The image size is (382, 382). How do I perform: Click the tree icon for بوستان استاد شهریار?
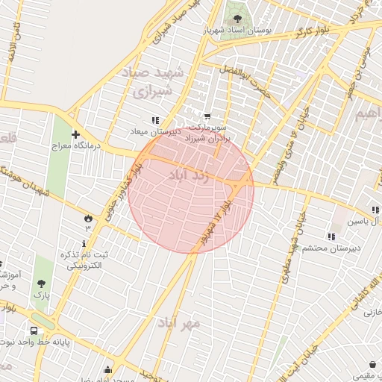237,19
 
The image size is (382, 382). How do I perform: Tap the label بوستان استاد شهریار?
237,32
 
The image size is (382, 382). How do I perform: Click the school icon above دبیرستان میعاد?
155,119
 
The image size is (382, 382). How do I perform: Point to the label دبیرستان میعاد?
155,131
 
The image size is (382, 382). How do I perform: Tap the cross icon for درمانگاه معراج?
75,134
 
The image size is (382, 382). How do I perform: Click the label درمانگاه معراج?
75,146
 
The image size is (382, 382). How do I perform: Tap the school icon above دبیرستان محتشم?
331,237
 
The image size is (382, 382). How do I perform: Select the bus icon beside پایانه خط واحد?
34,331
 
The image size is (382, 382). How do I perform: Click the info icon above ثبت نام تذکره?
84,243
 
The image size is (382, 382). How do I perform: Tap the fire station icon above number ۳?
88,217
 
